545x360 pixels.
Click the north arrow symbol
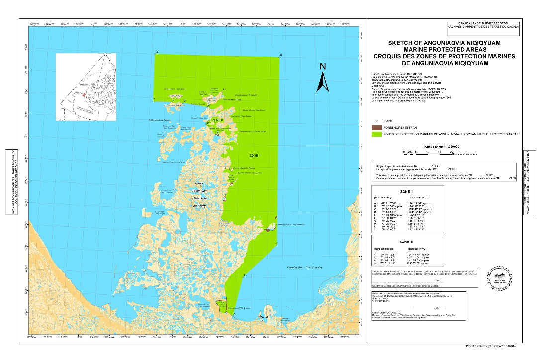point(323,78)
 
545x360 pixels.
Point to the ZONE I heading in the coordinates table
point(400,191)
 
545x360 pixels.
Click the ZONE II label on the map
point(217,120)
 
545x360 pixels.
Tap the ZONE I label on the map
point(255,156)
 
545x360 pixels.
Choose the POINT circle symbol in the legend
point(378,121)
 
